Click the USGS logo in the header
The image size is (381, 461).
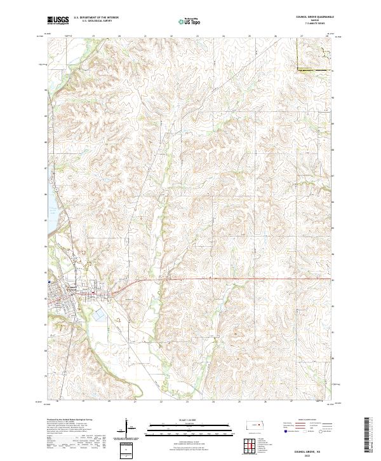tap(58, 20)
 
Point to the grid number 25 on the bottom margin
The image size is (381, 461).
tap(240, 402)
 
